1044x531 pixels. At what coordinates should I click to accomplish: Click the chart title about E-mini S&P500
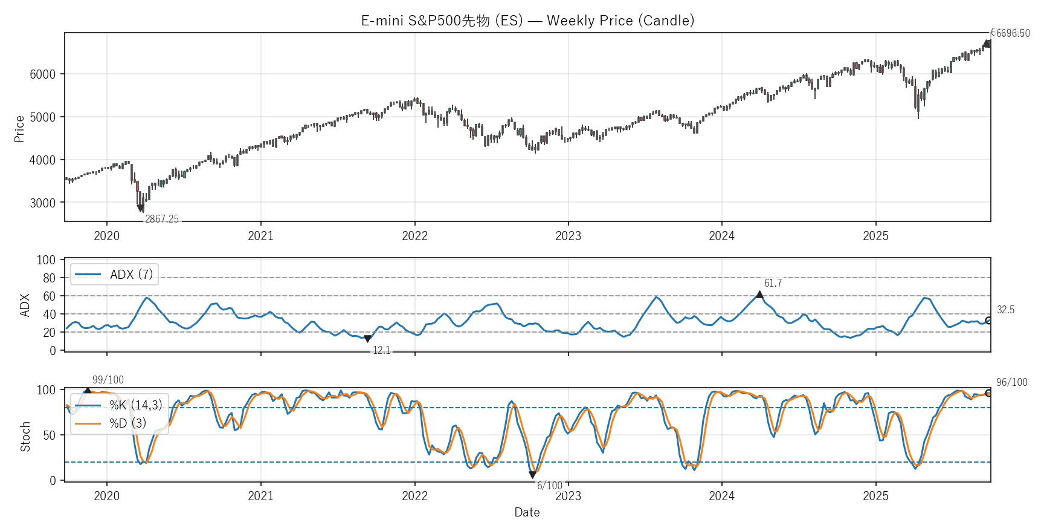pos(527,21)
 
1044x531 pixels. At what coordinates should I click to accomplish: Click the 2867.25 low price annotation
pos(162,219)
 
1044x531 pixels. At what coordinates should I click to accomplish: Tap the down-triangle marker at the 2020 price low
pos(141,209)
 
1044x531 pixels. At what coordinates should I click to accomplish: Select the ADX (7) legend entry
pos(115,275)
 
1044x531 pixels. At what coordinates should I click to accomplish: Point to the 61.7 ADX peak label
pos(773,283)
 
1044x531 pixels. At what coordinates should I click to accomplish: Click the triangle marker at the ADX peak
pos(759,295)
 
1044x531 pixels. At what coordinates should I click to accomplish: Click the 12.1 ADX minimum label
pos(381,350)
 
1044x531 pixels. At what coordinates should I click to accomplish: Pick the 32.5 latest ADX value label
pos(1005,310)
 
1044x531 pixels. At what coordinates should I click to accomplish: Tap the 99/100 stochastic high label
pos(108,380)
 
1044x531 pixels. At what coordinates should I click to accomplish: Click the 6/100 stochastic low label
pos(549,486)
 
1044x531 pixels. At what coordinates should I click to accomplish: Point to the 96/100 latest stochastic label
pos(1011,382)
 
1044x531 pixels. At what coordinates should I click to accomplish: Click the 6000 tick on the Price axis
pos(42,74)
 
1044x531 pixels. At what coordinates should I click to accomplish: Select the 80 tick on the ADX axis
pos(49,278)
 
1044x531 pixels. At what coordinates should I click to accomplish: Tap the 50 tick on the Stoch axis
pos(49,435)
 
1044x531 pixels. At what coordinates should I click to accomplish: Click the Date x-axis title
pos(527,512)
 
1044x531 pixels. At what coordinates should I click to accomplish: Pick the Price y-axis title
pos(19,129)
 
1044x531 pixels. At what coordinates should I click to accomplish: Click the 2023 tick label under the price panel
pos(568,236)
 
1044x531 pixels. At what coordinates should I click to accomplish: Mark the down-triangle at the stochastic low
pos(532,475)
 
